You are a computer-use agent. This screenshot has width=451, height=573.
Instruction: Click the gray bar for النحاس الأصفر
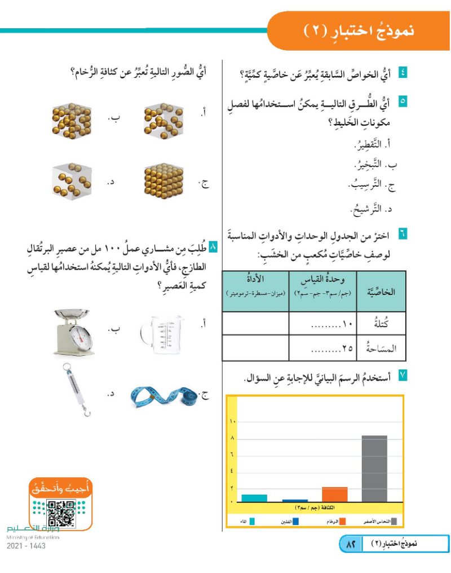pyautogui.click(x=374, y=468)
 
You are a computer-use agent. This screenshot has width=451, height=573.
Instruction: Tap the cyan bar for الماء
pyautogui.click(x=254, y=497)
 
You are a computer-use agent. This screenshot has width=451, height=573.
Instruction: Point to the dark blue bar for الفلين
pyautogui.click(x=295, y=500)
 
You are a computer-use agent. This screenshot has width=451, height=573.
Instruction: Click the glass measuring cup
pyautogui.click(x=161, y=330)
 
